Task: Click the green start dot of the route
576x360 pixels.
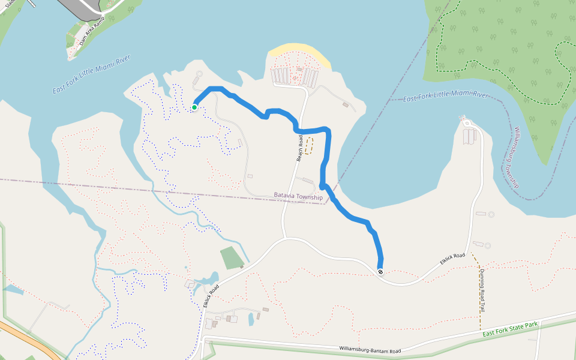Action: pyautogui.click(x=194, y=107)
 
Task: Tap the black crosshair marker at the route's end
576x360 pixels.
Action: pyautogui.click(x=380, y=272)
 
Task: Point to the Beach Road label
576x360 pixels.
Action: pyautogui.click(x=300, y=148)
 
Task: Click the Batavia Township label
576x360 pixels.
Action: pyautogui.click(x=298, y=196)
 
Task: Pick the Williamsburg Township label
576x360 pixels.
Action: pyautogui.click(x=515, y=155)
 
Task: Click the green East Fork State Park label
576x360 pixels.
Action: pyautogui.click(x=510, y=330)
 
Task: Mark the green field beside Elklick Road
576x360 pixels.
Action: pyautogui.click(x=231, y=258)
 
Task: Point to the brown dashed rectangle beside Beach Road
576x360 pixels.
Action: pyautogui.click(x=309, y=146)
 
